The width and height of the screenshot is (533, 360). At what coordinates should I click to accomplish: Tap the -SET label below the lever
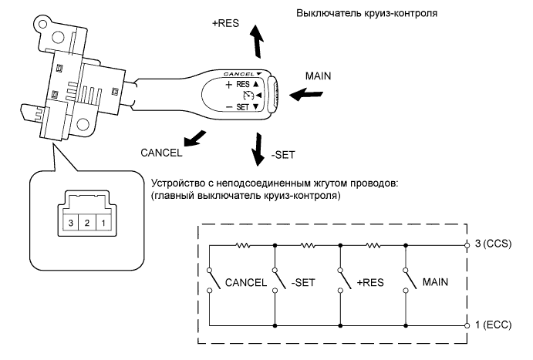click(282, 154)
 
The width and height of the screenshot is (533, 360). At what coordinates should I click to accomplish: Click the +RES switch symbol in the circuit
click(340, 281)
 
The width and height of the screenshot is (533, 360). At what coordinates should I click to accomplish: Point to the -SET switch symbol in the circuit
click(275, 281)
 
